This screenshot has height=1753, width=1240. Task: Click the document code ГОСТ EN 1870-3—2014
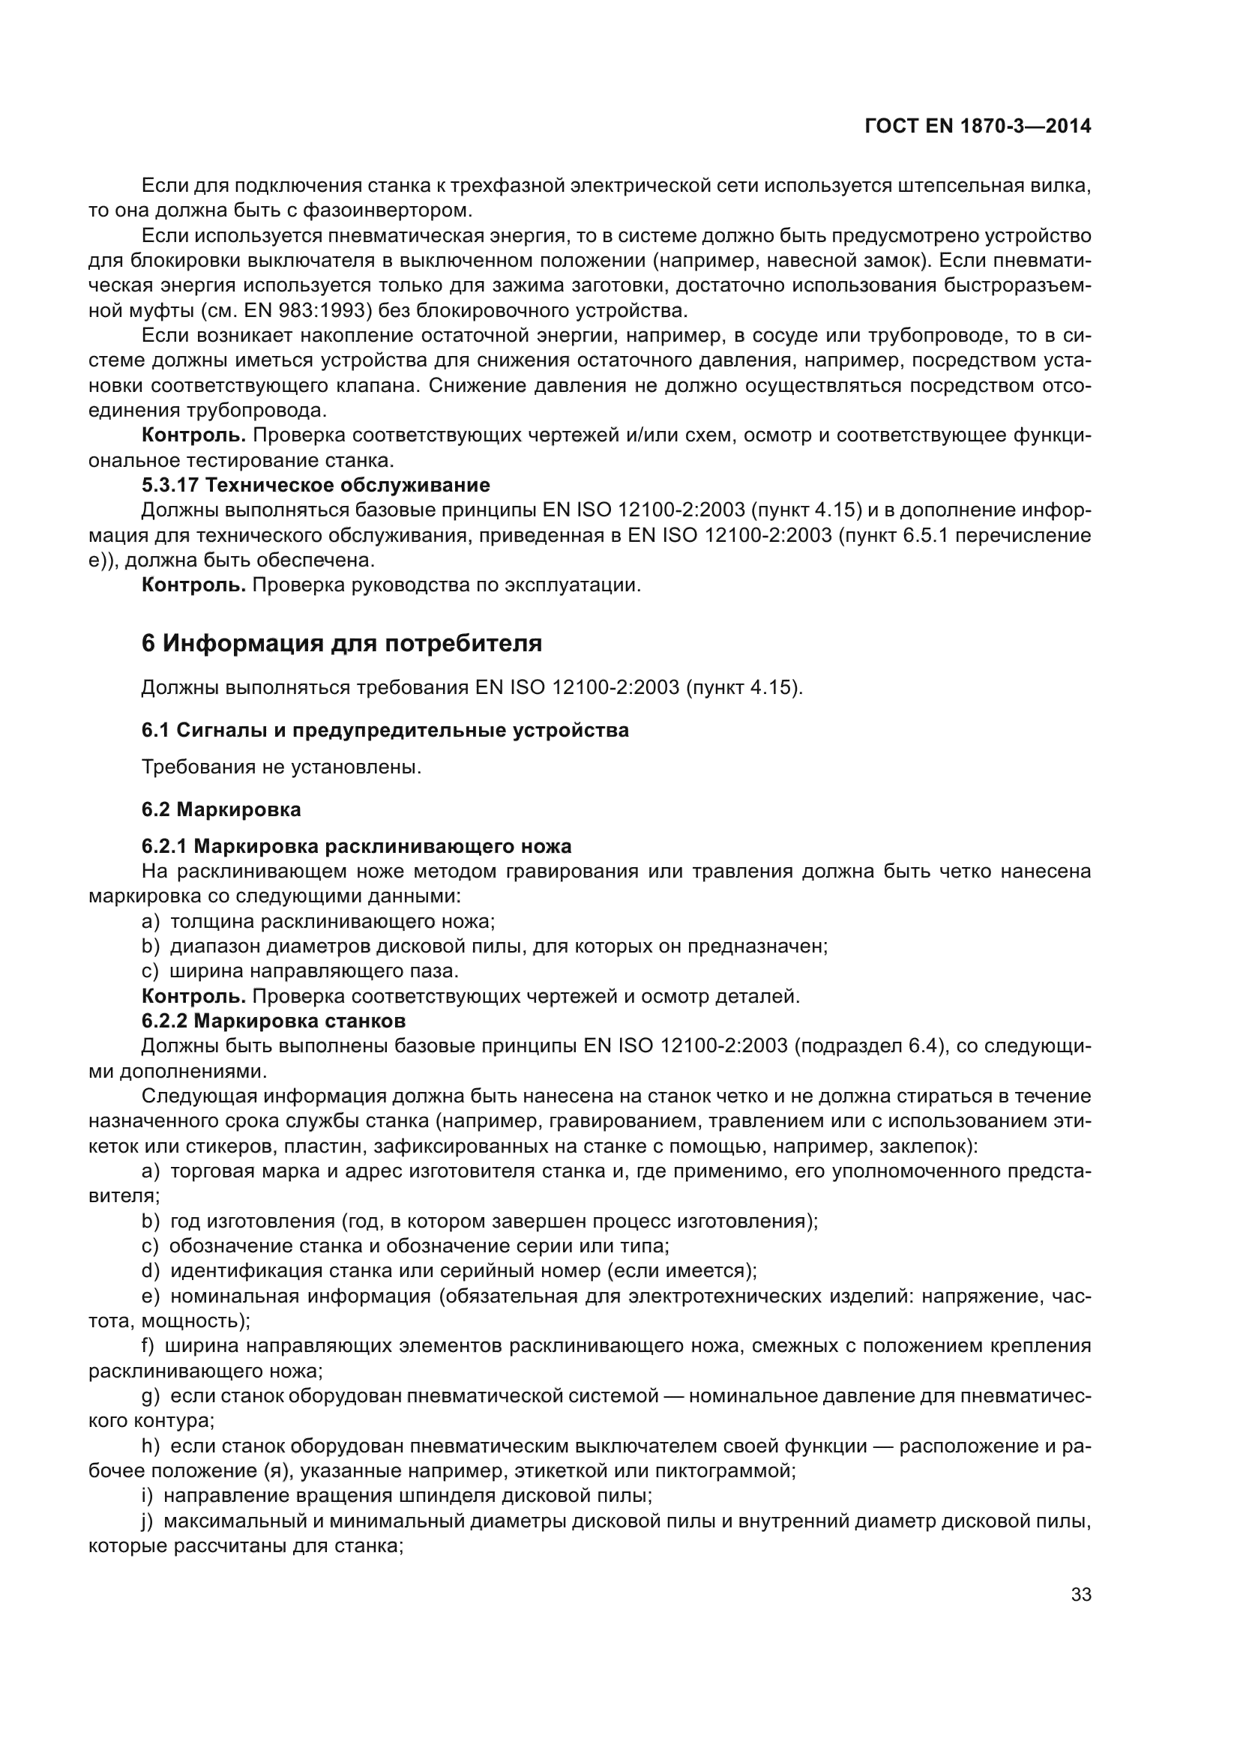click(978, 127)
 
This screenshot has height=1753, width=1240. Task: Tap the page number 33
click(1080, 1595)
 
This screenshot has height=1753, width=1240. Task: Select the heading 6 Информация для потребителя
click(341, 644)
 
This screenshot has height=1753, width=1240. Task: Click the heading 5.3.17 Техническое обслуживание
click(316, 485)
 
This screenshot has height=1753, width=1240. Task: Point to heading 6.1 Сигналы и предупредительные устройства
click(385, 731)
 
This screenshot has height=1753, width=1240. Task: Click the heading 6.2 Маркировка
click(220, 809)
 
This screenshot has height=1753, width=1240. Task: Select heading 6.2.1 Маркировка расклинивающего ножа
click(356, 847)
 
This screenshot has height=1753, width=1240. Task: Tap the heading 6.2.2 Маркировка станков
click(274, 1021)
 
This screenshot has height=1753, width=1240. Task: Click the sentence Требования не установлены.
click(281, 767)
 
